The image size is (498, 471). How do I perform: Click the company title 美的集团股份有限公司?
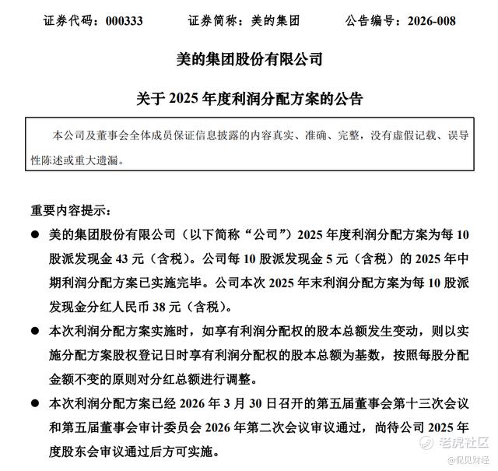(x=249, y=60)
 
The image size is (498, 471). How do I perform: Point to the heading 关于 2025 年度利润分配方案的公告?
(x=249, y=100)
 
